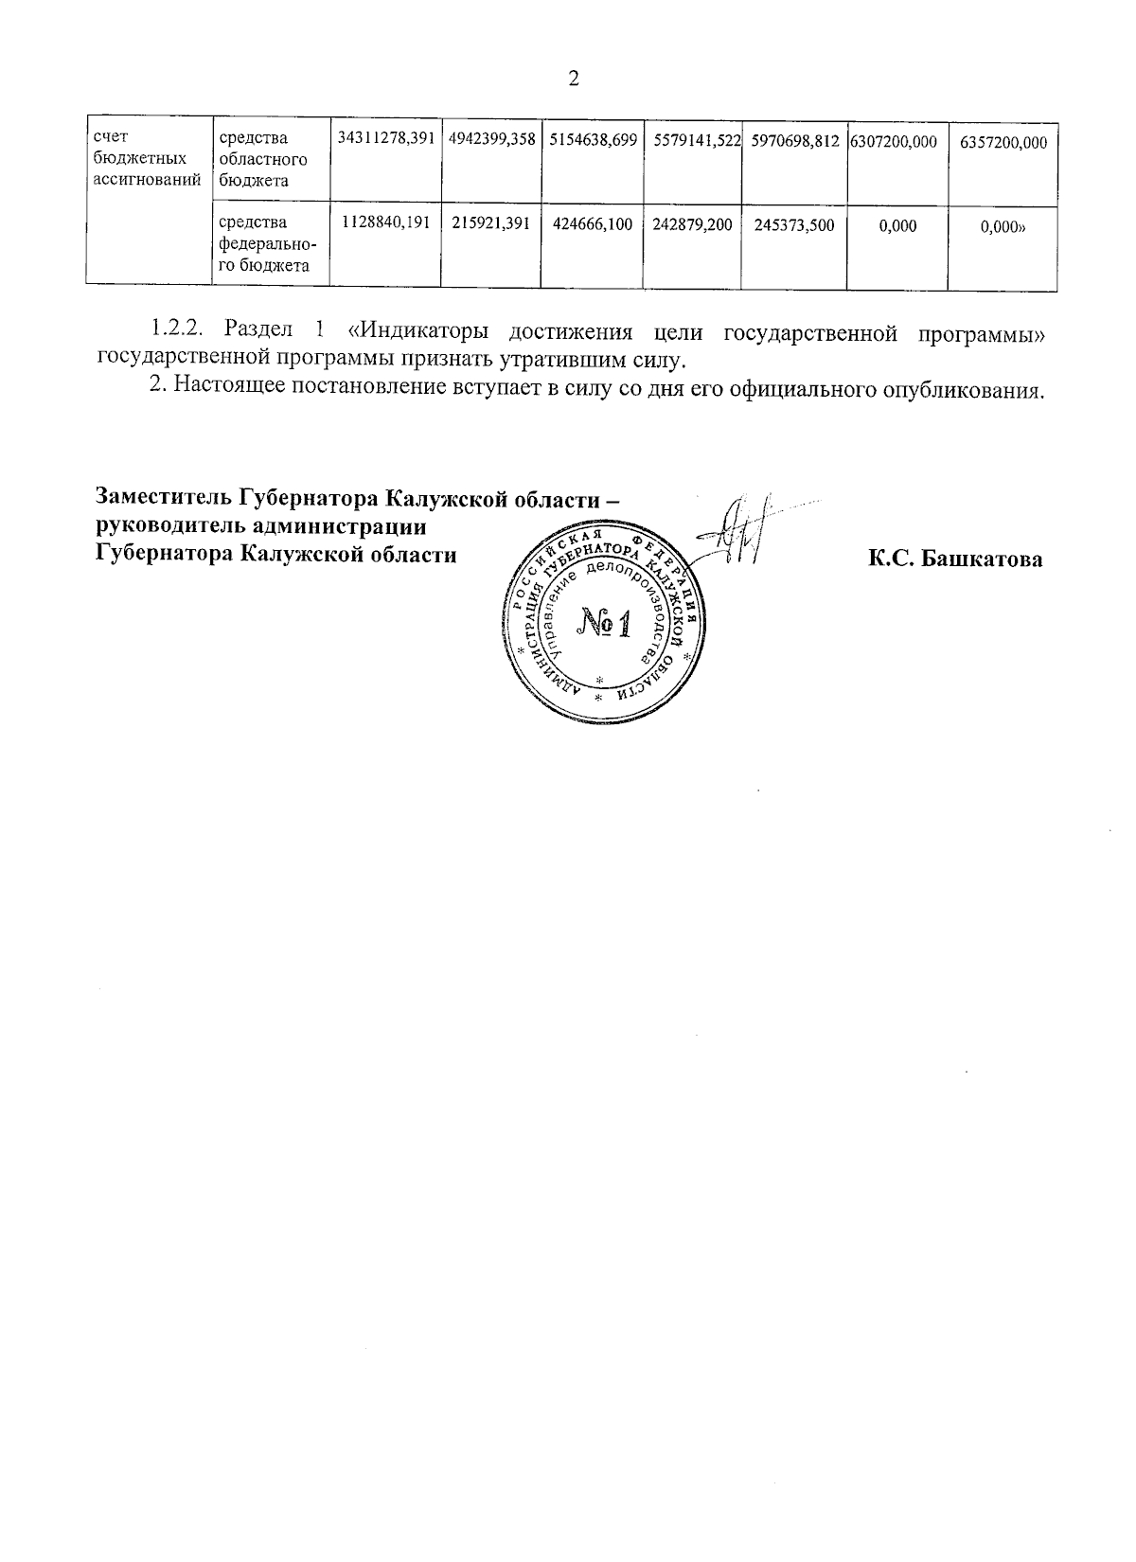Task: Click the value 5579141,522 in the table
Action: coord(696,140)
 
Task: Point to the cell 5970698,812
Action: coord(795,140)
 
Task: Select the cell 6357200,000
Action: coord(1003,141)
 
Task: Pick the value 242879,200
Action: coord(693,225)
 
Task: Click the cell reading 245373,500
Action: coord(794,225)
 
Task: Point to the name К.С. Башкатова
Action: coord(955,559)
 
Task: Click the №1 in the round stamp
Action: coord(603,623)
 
